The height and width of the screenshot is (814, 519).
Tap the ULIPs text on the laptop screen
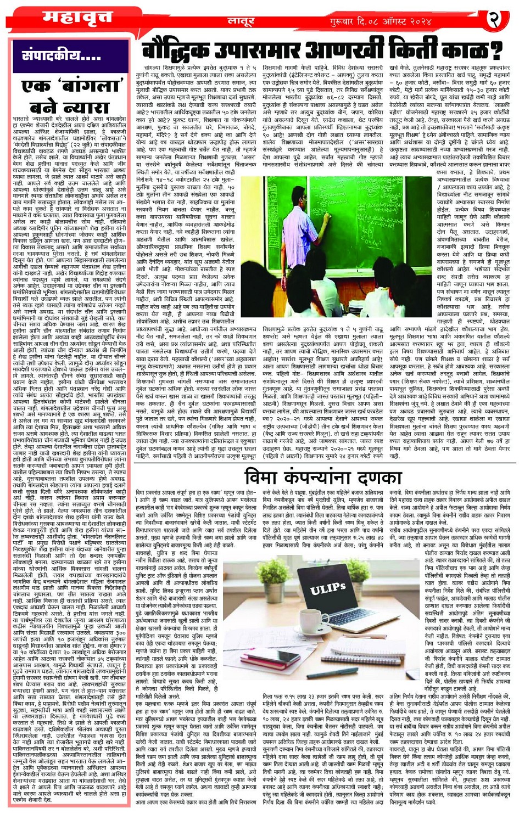coord(328,590)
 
